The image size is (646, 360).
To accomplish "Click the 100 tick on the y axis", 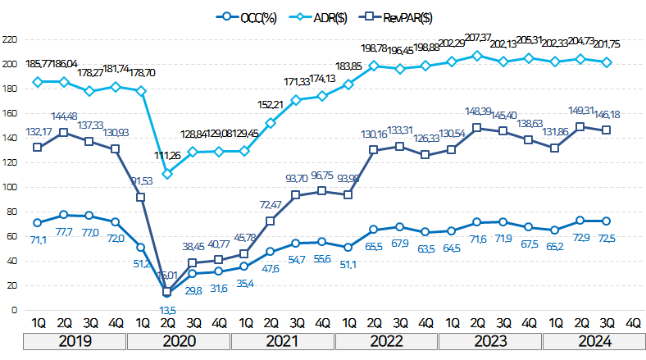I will click(x=10, y=187).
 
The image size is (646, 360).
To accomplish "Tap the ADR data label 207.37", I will click(x=480, y=38).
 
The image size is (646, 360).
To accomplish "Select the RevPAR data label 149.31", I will click(x=581, y=110).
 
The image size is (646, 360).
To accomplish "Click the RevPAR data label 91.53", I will click(x=142, y=181).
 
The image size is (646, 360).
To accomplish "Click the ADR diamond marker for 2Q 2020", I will click(x=167, y=174).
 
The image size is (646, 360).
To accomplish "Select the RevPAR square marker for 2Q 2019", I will click(x=63, y=132).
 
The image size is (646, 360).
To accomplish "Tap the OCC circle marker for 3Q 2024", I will click(x=607, y=221).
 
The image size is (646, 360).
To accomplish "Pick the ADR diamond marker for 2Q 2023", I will click(x=478, y=56).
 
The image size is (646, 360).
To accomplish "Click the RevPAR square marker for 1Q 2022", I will click(x=348, y=194).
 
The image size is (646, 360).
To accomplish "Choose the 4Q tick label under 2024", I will click(x=633, y=323).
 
